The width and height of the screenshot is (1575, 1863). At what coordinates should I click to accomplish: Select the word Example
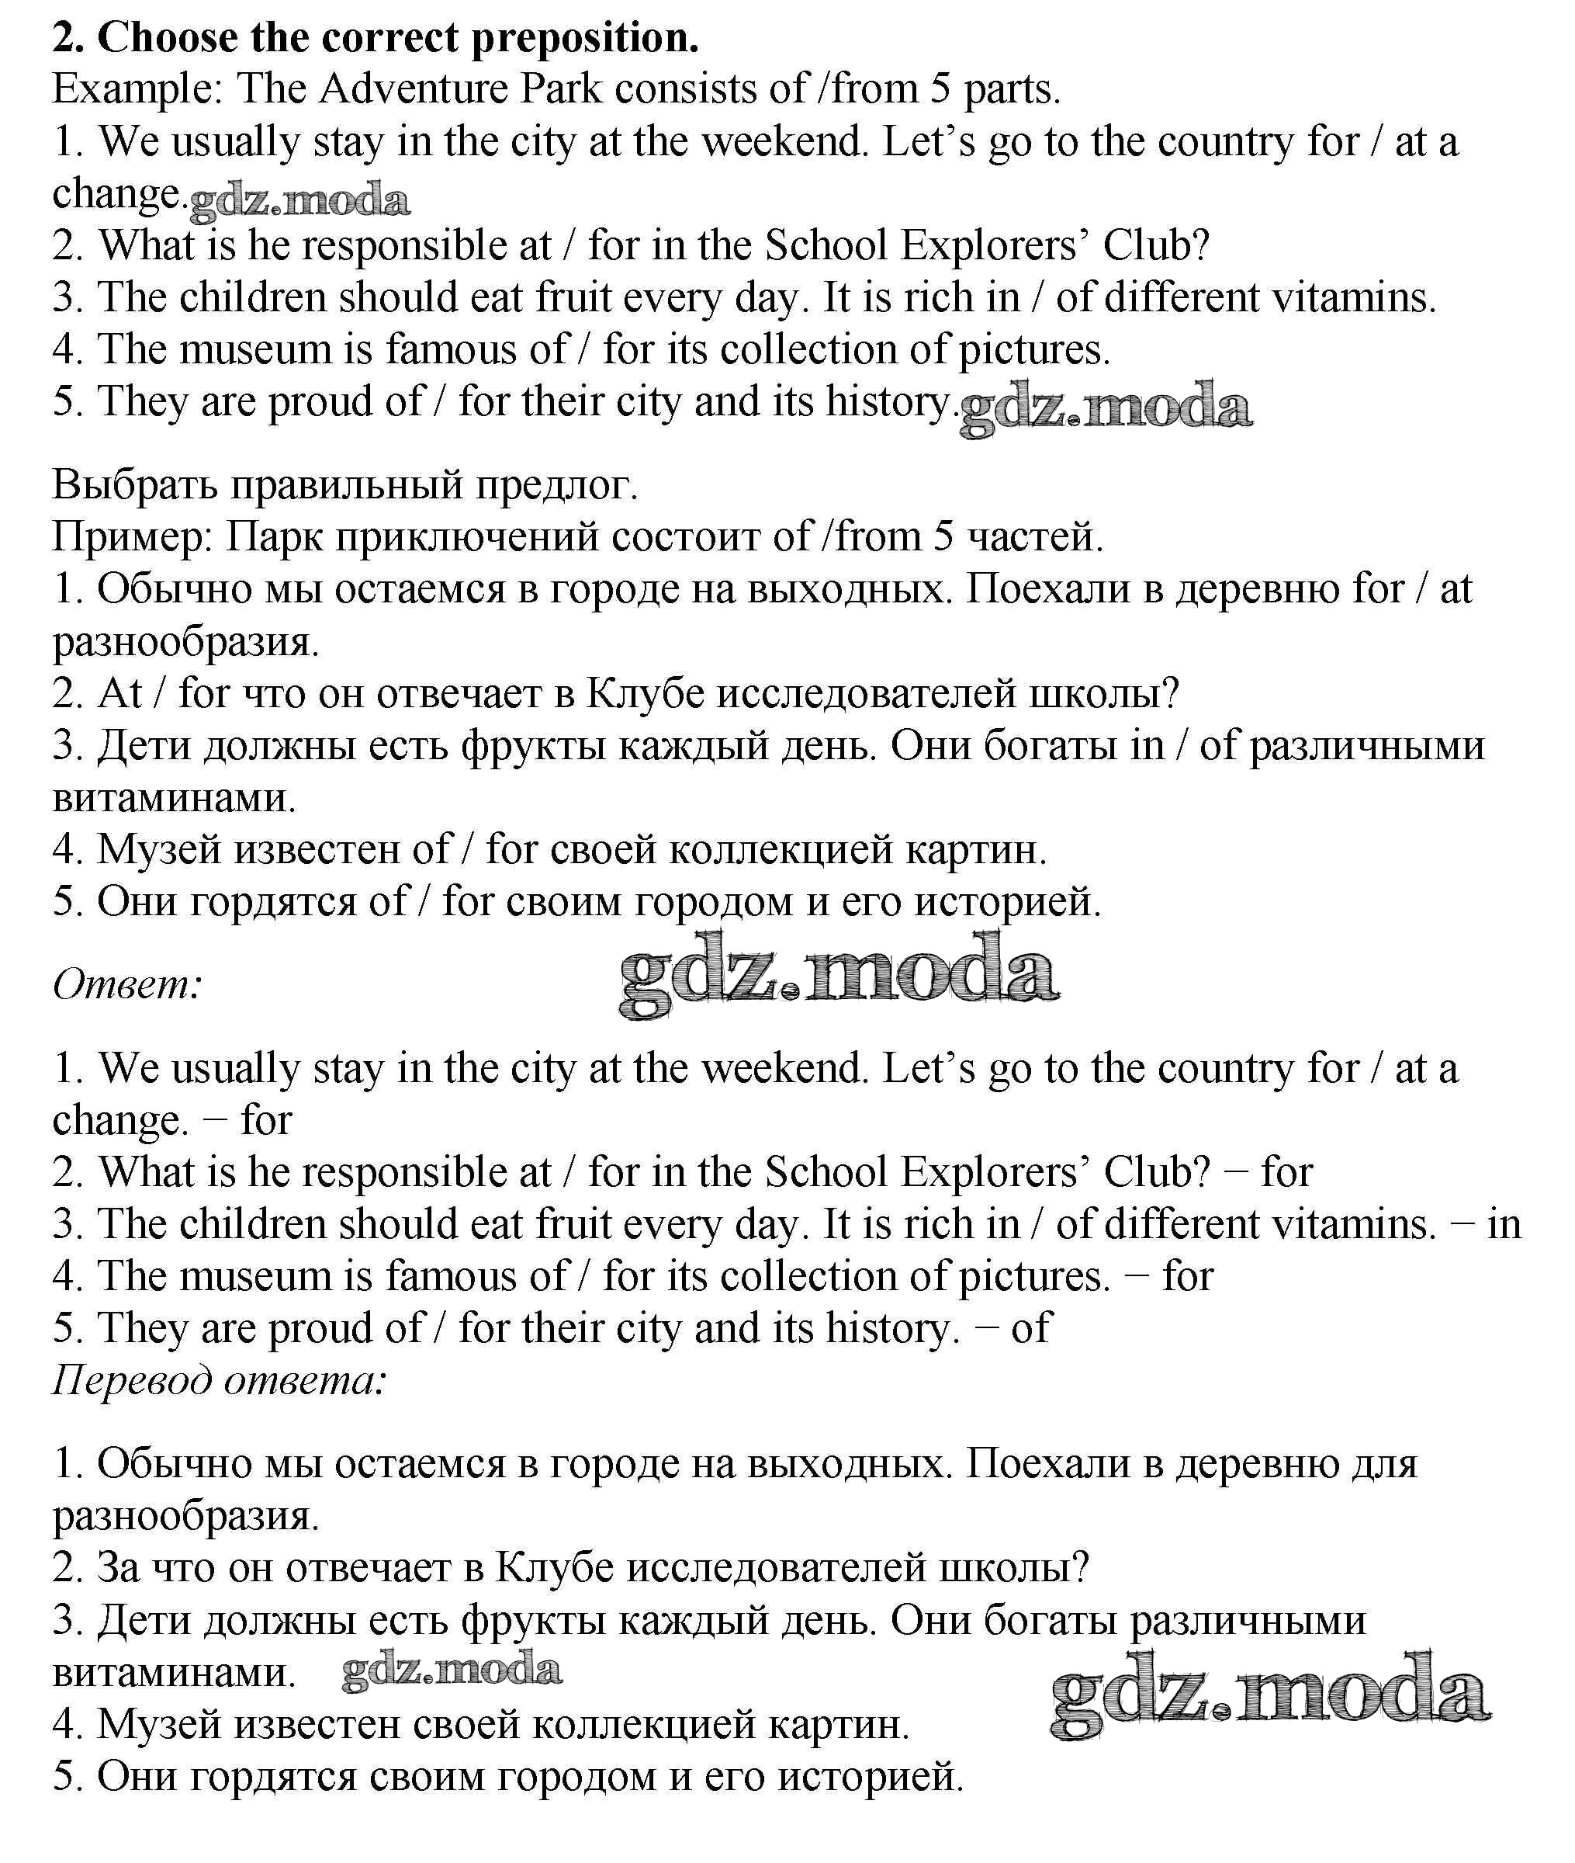pyautogui.click(x=136, y=90)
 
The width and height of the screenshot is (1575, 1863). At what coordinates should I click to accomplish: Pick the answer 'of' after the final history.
pyautogui.click(x=1031, y=1329)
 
